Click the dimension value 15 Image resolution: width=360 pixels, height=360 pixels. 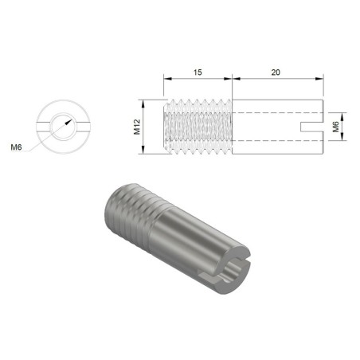pyautogui.click(x=197, y=72)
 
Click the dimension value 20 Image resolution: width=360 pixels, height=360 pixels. pyautogui.click(x=277, y=72)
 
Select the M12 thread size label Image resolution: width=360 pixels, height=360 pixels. pyautogui.click(x=137, y=127)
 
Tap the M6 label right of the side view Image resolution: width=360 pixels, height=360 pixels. pyautogui.click(x=337, y=127)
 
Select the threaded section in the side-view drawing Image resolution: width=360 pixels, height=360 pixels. pyautogui.click(x=197, y=127)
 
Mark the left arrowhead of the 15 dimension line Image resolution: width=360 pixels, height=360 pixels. pyautogui.click(x=166, y=78)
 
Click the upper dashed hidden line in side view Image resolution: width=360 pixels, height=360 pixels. pyautogui.click(x=279, y=114)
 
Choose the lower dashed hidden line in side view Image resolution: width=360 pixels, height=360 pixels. pyautogui.click(x=279, y=139)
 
